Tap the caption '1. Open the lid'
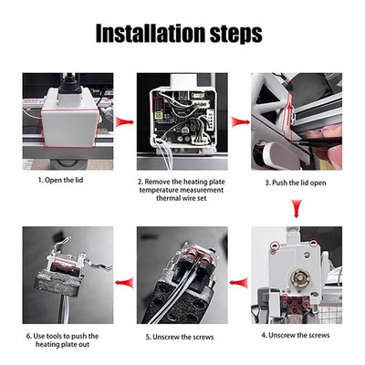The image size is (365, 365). pyautogui.click(x=60, y=180)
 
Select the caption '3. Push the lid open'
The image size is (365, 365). pyautogui.click(x=296, y=182)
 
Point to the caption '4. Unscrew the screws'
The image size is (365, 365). pyautogui.click(x=296, y=335)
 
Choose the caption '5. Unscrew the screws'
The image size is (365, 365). pyautogui.click(x=180, y=337)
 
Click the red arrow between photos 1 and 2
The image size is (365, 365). pyautogui.click(x=124, y=122)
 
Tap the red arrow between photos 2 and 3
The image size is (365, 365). pyautogui.click(x=241, y=122)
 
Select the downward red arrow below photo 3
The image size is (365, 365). pyautogui.click(x=297, y=208)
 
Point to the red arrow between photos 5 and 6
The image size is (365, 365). pyautogui.click(x=125, y=283)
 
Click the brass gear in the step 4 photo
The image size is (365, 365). pyautogui.click(x=300, y=277)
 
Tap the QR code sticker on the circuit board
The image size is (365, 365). pyautogui.click(x=158, y=115)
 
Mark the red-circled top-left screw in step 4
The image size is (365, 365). pyautogui.click(x=276, y=245)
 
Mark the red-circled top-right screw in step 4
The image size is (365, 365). pyautogui.click(x=313, y=243)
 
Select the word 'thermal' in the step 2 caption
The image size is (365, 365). pyautogui.click(x=168, y=198)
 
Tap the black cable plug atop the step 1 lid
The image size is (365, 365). pyautogui.click(x=69, y=85)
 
